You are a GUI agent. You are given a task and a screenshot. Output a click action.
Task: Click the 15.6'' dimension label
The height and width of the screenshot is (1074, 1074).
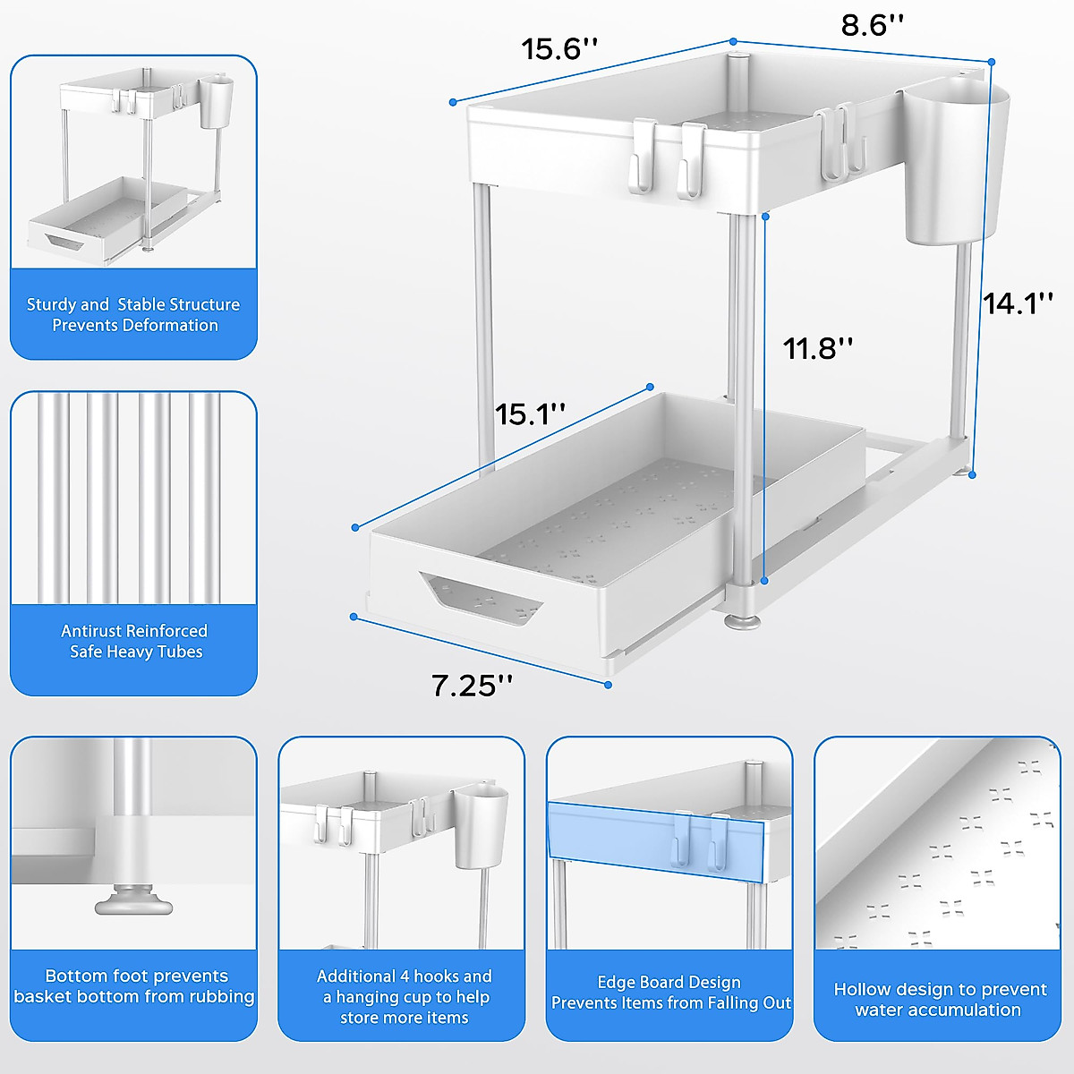coord(559,48)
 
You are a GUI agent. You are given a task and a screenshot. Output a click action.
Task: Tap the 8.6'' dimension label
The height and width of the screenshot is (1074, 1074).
coord(873,25)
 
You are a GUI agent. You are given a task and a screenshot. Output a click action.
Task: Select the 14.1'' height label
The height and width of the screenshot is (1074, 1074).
coord(1019,303)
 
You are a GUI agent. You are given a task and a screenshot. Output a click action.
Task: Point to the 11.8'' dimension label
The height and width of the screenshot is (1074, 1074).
coord(818,348)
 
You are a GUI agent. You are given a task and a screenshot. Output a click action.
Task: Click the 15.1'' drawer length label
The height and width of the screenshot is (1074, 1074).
coord(531,414)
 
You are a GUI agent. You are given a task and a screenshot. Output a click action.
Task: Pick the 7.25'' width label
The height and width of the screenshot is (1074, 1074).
coord(472,686)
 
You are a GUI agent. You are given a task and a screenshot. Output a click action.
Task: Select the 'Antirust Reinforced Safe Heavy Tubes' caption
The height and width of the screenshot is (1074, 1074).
coord(134,641)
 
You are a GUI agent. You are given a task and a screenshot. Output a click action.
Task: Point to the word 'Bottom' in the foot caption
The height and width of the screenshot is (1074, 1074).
coord(75,976)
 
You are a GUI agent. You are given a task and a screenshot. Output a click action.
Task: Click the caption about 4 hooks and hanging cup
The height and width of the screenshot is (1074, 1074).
coord(404,996)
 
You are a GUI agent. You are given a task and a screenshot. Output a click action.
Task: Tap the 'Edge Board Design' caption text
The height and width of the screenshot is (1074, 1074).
coord(669,982)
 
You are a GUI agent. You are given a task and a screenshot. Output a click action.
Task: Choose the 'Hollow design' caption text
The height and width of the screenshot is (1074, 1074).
coord(939,999)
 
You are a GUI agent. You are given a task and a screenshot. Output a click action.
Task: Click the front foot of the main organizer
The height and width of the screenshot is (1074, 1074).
coord(743,617)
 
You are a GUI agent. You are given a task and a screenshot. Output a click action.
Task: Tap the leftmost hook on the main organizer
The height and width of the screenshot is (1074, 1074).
coord(643,158)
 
